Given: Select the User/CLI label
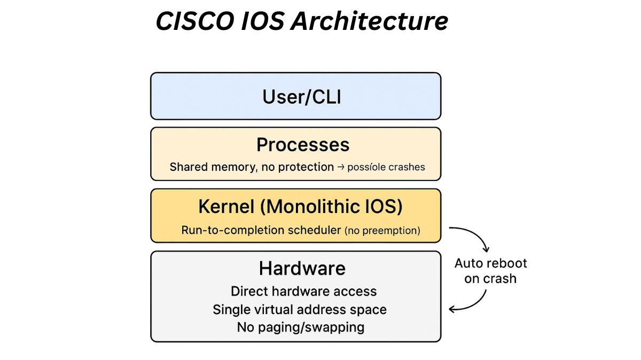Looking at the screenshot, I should [301, 97].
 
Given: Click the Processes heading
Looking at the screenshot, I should [303, 145].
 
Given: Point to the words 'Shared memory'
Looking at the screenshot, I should [212, 167].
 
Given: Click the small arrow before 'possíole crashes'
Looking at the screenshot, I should [340, 167].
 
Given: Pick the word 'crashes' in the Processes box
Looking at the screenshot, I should [407, 167].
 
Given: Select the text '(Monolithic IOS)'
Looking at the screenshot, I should [333, 207].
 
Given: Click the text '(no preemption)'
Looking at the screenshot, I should [382, 231].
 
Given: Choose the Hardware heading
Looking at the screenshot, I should [302, 268].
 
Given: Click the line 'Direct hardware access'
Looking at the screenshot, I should [303, 292].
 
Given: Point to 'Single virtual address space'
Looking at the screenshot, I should [299, 310].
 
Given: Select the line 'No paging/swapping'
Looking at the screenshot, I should [300, 327].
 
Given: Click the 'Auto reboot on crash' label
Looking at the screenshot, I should [490, 271].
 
